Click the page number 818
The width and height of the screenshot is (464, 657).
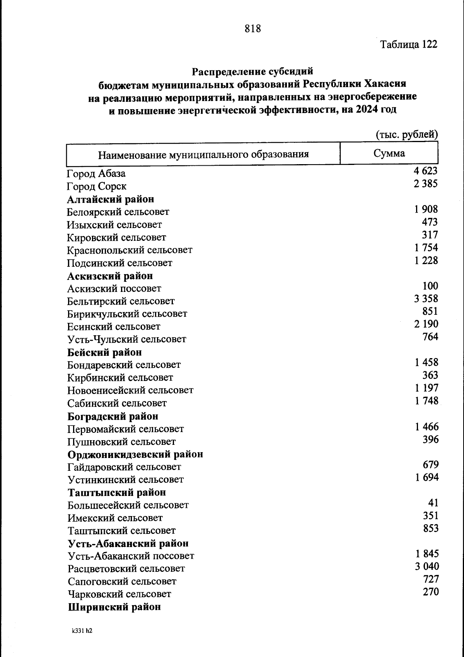[253, 28]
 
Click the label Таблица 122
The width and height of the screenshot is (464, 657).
[409, 45]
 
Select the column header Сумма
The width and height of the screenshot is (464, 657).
[389, 153]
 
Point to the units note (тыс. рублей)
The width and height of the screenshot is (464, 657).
[407, 134]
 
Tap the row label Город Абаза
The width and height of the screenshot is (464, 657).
[96, 173]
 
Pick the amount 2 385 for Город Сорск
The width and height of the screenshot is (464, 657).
[425, 184]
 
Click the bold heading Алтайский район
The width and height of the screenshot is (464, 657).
[111, 199]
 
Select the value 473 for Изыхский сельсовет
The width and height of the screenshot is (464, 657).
[430, 222]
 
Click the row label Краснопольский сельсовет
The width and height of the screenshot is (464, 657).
[130, 250]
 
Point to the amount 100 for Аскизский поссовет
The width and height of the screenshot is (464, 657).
[430, 286]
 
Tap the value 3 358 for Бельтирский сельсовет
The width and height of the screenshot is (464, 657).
[426, 298]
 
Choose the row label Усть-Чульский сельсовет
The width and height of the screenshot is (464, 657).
[127, 339]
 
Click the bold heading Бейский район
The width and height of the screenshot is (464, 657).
[104, 352]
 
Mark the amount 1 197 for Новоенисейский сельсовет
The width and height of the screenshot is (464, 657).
[426, 388]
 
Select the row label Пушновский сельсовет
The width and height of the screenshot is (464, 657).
[121, 442]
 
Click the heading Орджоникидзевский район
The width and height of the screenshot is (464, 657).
[135, 454]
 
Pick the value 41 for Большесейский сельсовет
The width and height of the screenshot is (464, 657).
[433, 503]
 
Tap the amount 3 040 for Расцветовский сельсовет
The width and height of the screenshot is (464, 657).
[427, 566]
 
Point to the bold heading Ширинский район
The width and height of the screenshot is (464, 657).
[114, 607]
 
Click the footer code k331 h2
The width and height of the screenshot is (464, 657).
[82, 631]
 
